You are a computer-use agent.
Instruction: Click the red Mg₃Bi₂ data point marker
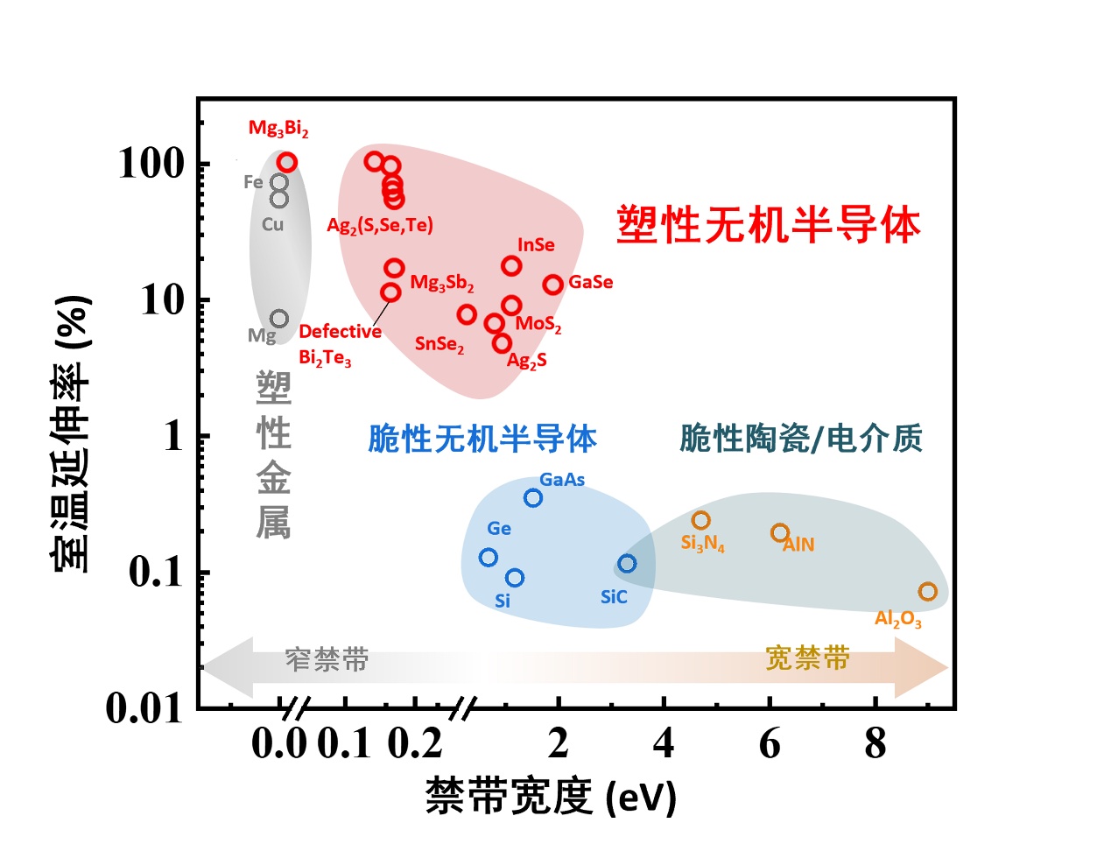click(x=287, y=162)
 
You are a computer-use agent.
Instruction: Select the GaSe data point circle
click(x=552, y=285)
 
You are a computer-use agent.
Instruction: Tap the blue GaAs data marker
click(x=533, y=498)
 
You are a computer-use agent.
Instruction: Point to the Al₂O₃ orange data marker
click(x=928, y=592)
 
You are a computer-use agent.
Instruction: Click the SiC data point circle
click(x=627, y=564)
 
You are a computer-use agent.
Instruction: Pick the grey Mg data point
click(x=279, y=319)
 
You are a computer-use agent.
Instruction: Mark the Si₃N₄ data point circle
click(x=700, y=521)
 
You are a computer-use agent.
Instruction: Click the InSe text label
click(x=536, y=245)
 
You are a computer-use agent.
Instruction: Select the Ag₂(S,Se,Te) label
click(x=380, y=226)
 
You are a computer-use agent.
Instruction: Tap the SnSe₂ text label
click(x=439, y=344)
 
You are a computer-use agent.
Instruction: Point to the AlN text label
click(x=798, y=545)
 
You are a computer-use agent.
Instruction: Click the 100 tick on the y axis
click(x=151, y=164)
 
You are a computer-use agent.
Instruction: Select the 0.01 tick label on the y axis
click(x=144, y=708)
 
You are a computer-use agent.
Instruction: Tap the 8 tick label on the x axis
click(x=875, y=744)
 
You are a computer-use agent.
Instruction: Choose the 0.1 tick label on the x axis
click(x=345, y=744)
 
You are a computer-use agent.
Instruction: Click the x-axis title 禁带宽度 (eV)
click(x=551, y=797)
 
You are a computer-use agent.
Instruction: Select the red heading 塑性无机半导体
click(x=769, y=225)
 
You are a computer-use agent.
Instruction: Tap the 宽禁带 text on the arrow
click(x=807, y=658)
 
